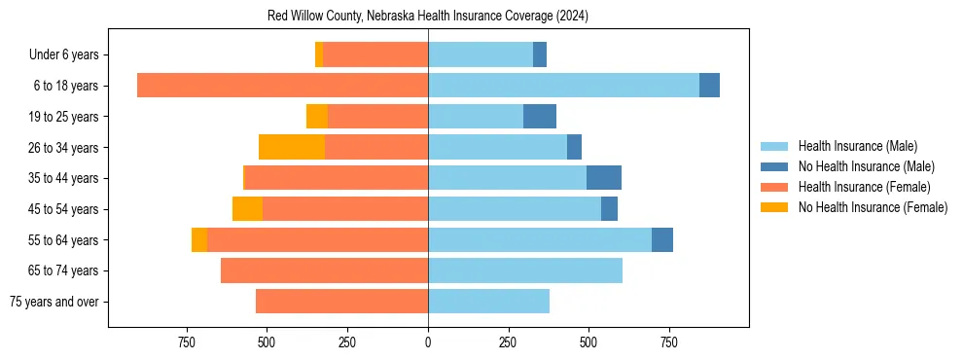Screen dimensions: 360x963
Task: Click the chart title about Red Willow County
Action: pos(428,17)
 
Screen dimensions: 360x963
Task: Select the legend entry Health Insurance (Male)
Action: pos(857,146)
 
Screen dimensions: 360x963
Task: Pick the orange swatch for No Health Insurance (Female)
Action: pos(774,207)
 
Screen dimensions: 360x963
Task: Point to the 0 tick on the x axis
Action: pos(428,342)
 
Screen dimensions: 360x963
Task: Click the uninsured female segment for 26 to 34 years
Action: pos(292,147)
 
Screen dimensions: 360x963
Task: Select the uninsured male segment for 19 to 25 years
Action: pos(540,117)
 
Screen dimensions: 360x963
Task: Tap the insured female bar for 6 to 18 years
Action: pos(282,86)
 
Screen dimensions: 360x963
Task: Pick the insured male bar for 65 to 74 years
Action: pos(525,270)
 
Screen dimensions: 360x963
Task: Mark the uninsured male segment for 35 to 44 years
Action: pos(604,178)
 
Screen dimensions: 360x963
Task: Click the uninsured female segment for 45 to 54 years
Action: pos(247,209)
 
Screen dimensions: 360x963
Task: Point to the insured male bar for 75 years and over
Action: pos(488,302)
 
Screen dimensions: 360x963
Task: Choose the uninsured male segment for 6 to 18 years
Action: pos(709,86)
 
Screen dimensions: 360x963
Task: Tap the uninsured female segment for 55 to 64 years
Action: pos(199,239)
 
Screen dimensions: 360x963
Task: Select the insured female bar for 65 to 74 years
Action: pos(325,270)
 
